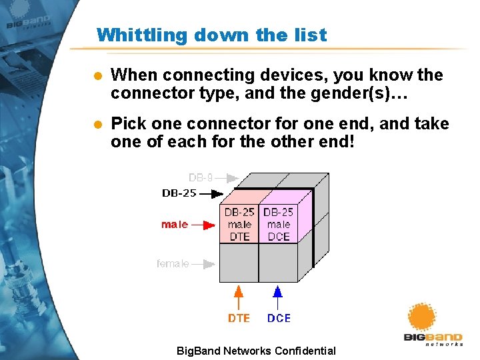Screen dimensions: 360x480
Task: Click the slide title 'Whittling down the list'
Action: click(211, 35)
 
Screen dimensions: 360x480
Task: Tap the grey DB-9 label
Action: click(201, 177)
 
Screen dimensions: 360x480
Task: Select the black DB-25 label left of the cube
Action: click(179, 193)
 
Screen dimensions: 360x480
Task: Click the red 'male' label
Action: click(175, 225)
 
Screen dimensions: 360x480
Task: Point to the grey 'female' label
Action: click(173, 264)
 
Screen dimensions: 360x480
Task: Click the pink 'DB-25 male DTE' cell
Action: click(239, 224)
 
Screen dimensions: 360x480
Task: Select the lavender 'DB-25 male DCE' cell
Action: click(278, 224)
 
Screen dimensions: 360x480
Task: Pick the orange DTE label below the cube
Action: click(239, 319)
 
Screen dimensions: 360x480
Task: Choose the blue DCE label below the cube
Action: click(279, 319)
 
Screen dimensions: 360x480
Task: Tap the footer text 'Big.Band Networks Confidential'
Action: click(256, 351)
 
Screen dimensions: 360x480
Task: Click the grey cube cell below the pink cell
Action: click(239, 263)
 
